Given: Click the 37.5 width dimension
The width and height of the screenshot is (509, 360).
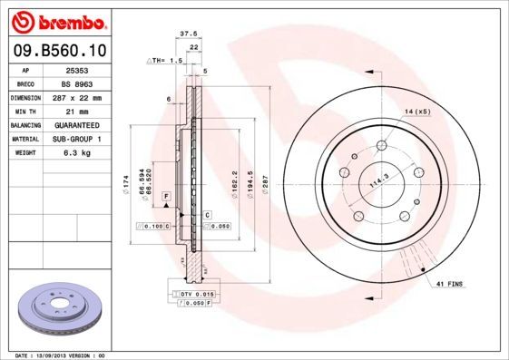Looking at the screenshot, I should [189, 34].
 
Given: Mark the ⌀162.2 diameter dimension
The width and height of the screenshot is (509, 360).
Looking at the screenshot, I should [235, 185].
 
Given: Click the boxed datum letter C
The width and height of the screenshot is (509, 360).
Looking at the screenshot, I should [207, 214].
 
